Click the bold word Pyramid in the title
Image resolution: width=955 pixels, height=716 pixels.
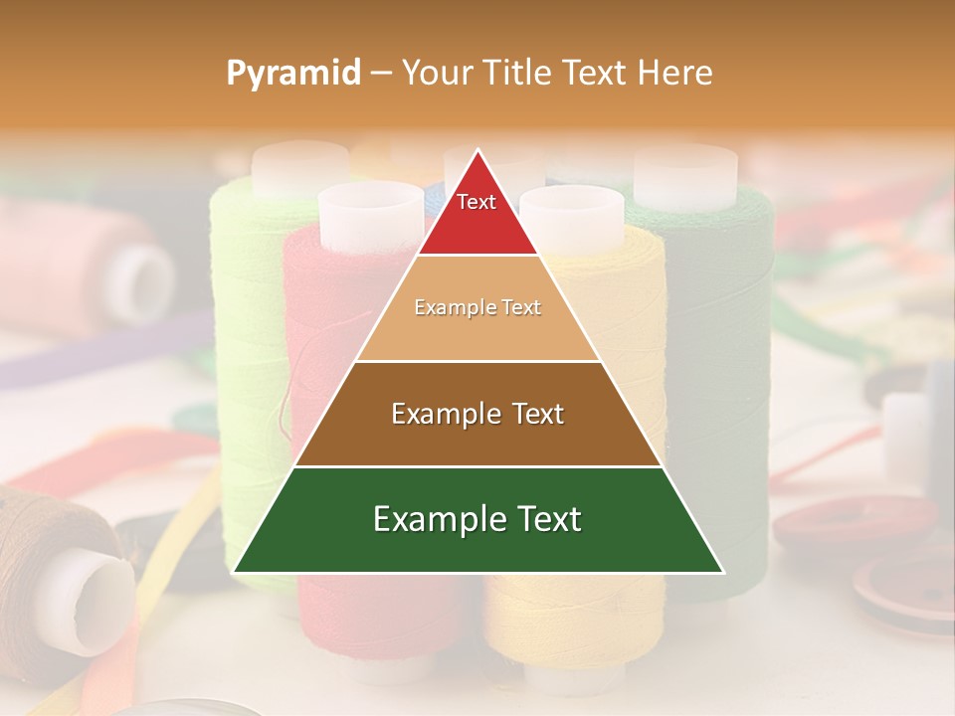point(293,73)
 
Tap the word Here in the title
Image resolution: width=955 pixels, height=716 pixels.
point(676,73)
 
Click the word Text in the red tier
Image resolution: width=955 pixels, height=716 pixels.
point(477,202)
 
